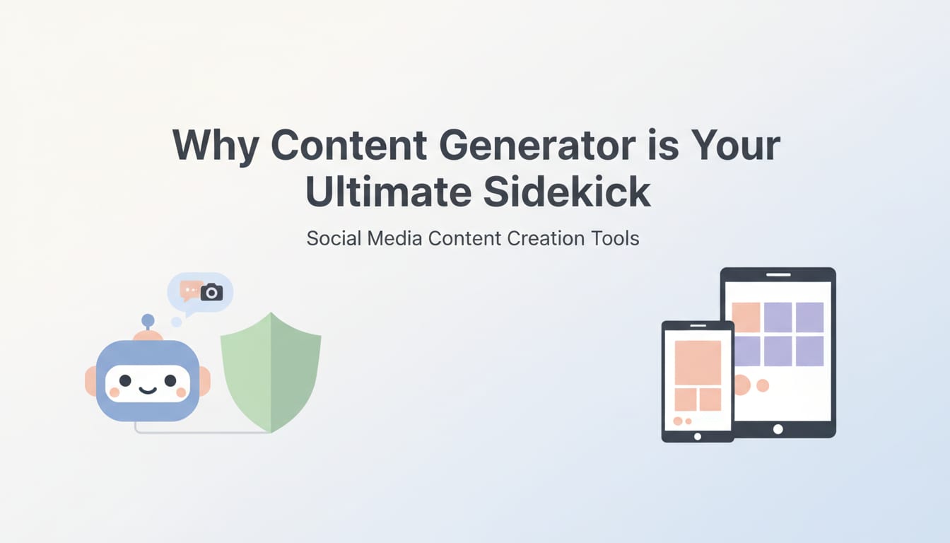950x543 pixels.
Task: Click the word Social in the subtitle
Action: point(333,238)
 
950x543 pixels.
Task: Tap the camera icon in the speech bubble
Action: point(211,291)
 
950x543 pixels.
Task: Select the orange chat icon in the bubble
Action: point(190,289)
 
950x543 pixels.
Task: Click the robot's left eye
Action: point(126,380)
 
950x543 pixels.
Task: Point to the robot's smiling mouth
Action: point(148,390)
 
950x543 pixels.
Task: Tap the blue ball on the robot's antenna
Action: point(148,320)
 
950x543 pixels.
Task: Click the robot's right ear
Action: point(204,381)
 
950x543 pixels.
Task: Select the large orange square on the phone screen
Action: point(698,362)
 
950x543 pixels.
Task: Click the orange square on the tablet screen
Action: point(746,317)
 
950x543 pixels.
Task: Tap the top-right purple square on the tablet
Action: point(809,317)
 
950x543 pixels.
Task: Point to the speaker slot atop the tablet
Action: point(778,274)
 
